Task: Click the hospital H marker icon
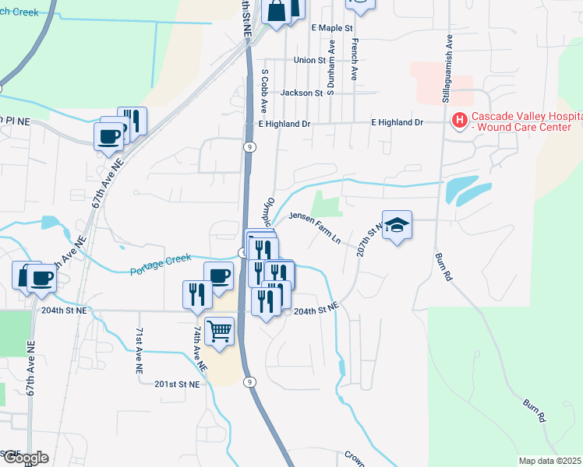pyautogui.click(x=460, y=121)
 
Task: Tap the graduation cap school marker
pyautogui.click(x=397, y=225)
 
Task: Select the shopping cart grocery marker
pyautogui.click(x=219, y=330)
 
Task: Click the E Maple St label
pyautogui.click(x=333, y=28)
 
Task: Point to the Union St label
pyautogui.click(x=309, y=60)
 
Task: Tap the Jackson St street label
pyautogui.click(x=302, y=93)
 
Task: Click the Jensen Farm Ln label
pyautogui.click(x=316, y=227)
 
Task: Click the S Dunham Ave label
pyautogui.click(x=331, y=73)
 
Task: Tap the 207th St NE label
pyautogui.click(x=365, y=242)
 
